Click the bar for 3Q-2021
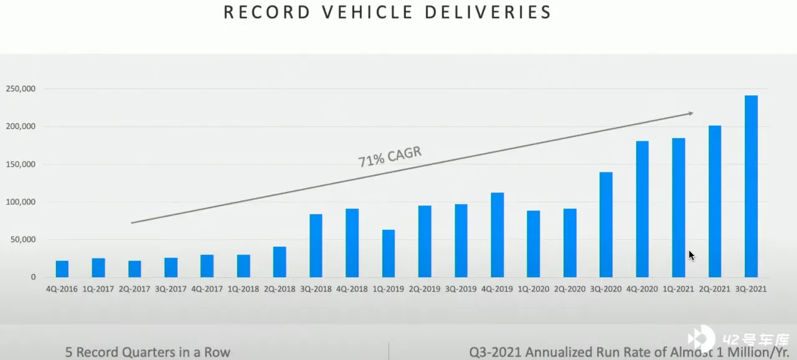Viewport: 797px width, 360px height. click(x=751, y=186)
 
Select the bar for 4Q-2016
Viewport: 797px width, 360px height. click(x=62, y=269)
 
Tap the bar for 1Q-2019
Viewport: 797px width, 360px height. click(x=389, y=253)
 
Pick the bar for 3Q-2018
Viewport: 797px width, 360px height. click(x=316, y=245)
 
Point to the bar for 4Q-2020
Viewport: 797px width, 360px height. click(x=642, y=209)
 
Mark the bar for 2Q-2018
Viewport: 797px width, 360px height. click(x=280, y=262)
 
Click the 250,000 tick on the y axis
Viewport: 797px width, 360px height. click(x=21, y=89)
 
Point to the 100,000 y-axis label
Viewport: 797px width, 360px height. click(x=21, y=202)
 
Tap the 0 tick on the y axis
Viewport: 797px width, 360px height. click(x=34, y=277)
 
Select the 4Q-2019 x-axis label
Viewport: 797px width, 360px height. click(x=497, y=289)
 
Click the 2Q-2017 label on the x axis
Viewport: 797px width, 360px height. click(x=134, y=289)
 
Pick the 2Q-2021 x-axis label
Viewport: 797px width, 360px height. click(x=715, y=289)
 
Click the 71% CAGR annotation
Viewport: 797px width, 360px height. click(x=390, y=157)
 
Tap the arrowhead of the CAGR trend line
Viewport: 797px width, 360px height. click(x=690, y=113)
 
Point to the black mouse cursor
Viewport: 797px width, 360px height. click(x=691, y=255)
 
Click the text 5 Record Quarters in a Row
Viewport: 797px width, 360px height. click(x=148, y=352)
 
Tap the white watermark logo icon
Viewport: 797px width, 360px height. click(x=702, y=339)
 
